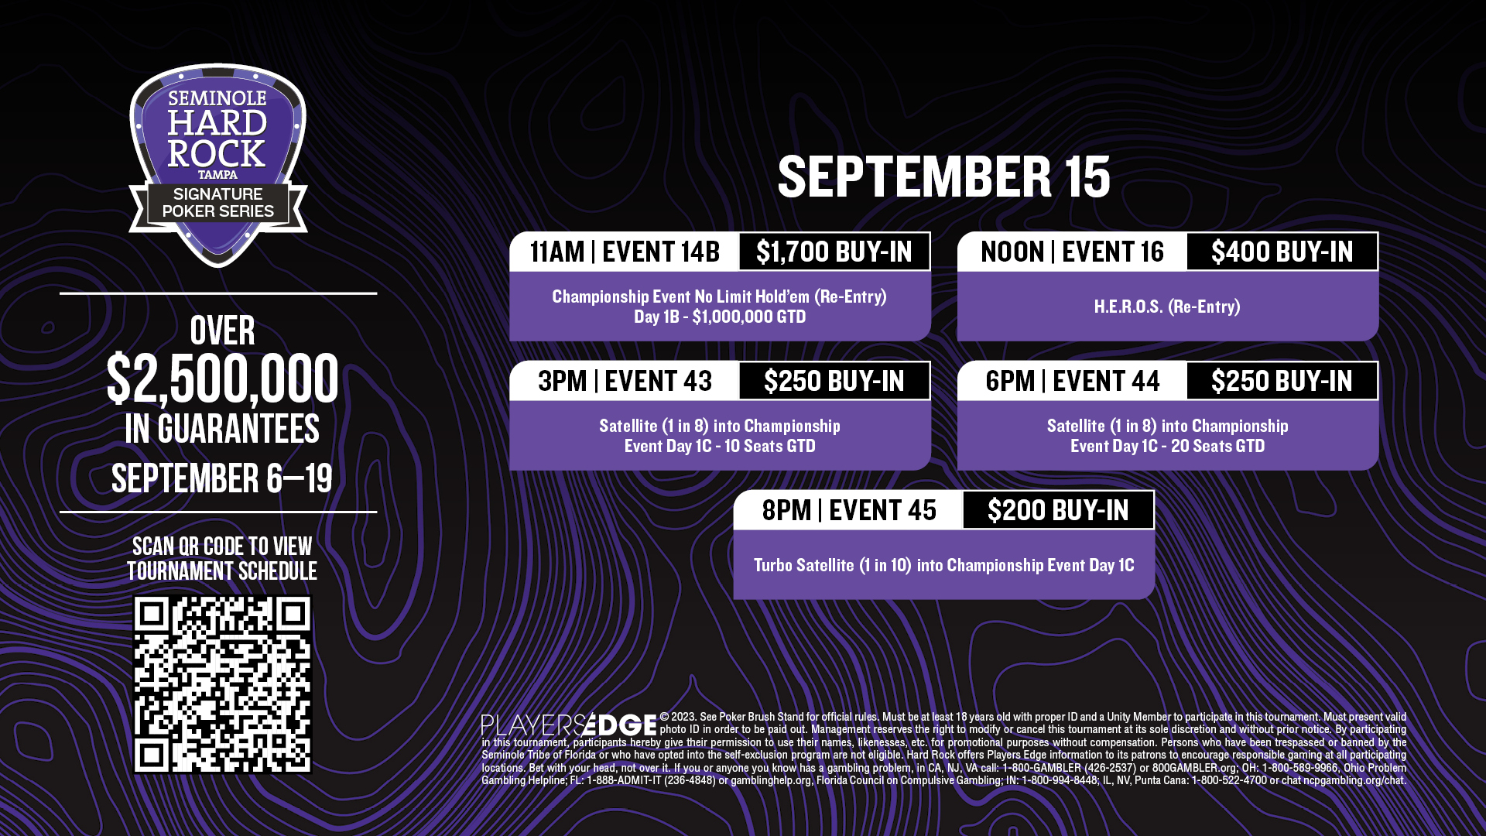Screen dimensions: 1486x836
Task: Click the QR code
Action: (x=222, y=684)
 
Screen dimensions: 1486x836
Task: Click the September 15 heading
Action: (x=943, y=176)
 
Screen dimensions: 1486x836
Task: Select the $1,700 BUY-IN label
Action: (x=834, y=252)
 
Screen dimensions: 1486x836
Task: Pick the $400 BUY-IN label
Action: (x=1282, y=252)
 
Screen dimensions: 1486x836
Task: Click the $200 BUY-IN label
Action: (x=1058, y=510)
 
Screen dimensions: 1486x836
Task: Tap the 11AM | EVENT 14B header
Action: (x=625, y=252)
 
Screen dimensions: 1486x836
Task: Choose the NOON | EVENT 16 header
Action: (x=1072, y=252)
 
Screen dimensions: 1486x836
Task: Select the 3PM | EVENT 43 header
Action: (x=625, y=381)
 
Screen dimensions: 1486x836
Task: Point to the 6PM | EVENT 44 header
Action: (x=1072, y=381)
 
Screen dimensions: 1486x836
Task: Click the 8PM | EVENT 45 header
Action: (x=849, y=510)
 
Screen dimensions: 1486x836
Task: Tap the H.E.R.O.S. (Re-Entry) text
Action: (x=1167, y=307)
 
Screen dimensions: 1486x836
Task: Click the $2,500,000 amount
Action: (x=222, y=379)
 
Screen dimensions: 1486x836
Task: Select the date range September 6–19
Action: (x=222, y=478)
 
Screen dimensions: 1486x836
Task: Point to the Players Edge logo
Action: (x=569, y=725)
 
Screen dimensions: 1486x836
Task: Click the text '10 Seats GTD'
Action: (x=769, y=446)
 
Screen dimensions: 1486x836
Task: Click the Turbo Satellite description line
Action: (x=943, y=565)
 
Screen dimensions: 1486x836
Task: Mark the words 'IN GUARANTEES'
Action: (x=222, y=429)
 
